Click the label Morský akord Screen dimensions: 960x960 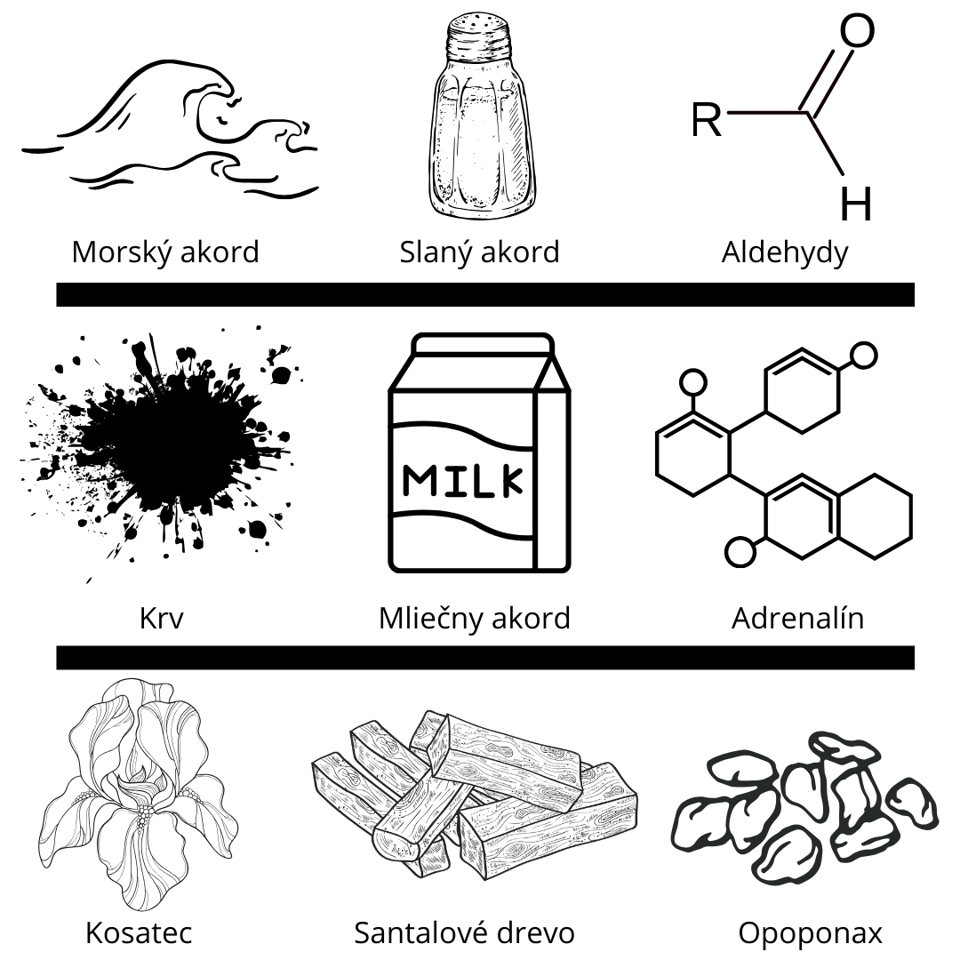pyautogui.click(x=165, y=252)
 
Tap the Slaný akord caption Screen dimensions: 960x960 pyautogui.click(x=479, y=252)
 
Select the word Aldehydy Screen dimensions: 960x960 pyautogui.click(x=785, y=252)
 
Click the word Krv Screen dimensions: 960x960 pyautogui.click(x=161, y=619)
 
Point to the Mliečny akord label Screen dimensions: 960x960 pyautogui.click(x=475, y=619)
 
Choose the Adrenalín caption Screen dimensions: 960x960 pyautogui.click(x=797, y=619)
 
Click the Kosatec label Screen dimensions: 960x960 pyautogui.click(x=139, y=933)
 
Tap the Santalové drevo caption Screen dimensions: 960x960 pyautogui.click(x=465, y=933)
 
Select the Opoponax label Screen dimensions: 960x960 pyautogui.click(x=810, y=934)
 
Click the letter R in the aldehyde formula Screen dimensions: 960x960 pyautogui.click(x=707, y=120)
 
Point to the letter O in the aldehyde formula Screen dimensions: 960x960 pyautogui.click(x=857, y=30)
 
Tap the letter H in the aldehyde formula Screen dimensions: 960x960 pyautogui.click(x=855, y=203)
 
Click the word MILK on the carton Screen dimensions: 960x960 pyautogui.click(x=463, y=481)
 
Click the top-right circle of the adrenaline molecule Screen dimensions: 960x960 pyautogui.click(x=864, y=356)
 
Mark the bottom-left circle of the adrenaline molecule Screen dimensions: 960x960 pyautogui.click(x=740, y=552)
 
